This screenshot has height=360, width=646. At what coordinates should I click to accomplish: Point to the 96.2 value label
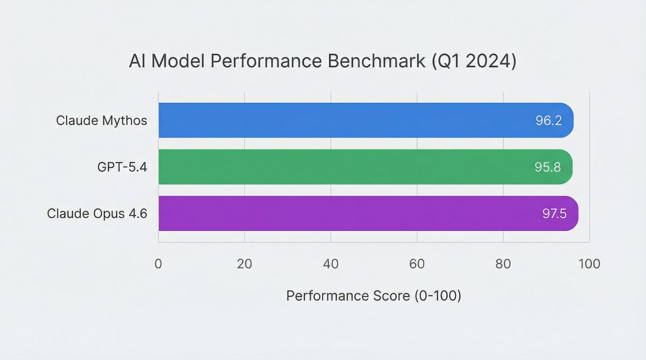click(549, 121)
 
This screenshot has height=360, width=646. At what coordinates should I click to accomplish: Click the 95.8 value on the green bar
click(547, 167)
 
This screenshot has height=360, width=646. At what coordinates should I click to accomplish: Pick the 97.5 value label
click(554, 214)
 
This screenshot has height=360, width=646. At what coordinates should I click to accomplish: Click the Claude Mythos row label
click(101, 121)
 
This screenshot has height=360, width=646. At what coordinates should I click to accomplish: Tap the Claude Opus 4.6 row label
click(97, 214)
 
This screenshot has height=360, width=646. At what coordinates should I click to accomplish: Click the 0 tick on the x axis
click(158, 264)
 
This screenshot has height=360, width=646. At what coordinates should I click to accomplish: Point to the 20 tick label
click(244, 264)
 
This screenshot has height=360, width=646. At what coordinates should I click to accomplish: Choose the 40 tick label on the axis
click(331, 264)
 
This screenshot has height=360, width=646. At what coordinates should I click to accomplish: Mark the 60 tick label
click(417, 264)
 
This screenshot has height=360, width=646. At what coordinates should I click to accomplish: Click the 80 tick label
click(503, 264)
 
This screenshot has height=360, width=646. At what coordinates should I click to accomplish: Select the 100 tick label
click(589, 264)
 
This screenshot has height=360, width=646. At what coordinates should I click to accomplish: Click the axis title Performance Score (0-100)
click(374, 296)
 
